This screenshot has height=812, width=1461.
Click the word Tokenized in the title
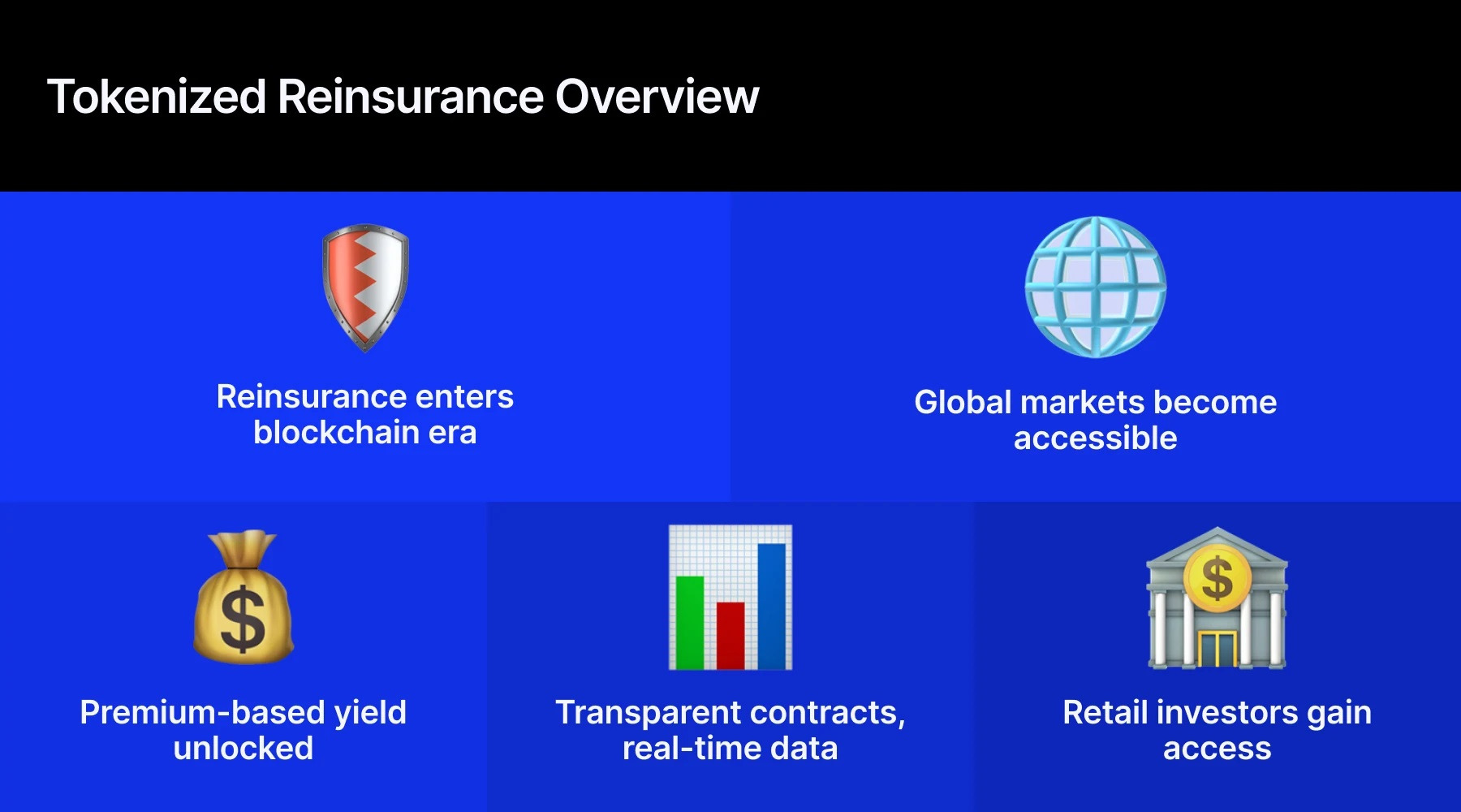coord(157,97)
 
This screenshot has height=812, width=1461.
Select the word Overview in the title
coord(657,97)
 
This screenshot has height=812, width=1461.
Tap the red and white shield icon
coord(365,287)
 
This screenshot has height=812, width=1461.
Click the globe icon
coord(1095,287)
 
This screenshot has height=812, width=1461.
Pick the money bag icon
coord(243,598)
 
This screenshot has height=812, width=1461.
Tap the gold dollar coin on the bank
coord(1217,579)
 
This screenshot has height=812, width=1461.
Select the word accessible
coord(1095,438)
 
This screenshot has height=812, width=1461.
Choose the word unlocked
coord(243,749)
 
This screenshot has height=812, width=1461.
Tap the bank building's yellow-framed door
coord(1216,648)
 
